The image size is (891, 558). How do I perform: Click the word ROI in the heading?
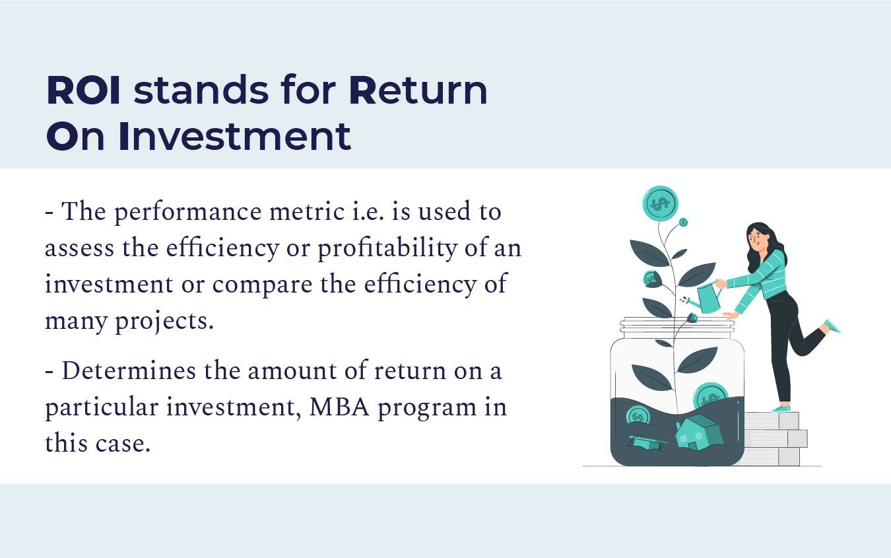click(83, 90)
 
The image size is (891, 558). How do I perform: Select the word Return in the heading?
click(418, 90)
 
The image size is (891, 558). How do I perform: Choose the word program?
click(427, 408)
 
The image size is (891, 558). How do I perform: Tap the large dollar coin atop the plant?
click(660, 203)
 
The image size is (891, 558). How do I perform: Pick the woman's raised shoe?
click(832, 326)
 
